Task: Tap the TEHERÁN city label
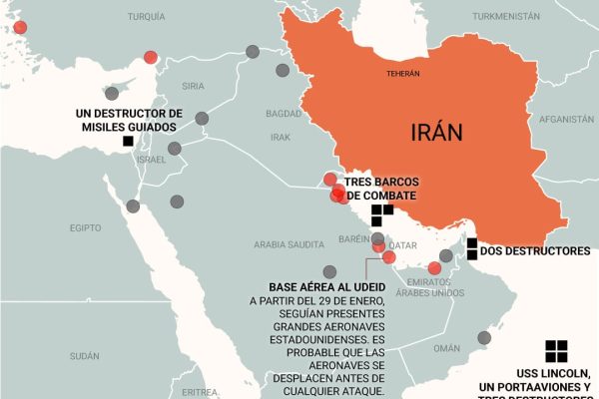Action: tap(403, 74)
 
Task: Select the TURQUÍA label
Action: tap(147, 17)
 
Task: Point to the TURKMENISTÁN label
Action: tap(505, 17)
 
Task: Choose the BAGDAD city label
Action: tap(285, 114)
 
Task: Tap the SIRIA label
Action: tap(194, 87)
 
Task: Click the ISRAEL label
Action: tap(151, 160)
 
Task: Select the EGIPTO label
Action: tap(86, 228)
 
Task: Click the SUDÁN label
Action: tap(85, 355)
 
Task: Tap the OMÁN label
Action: tap(446, 348)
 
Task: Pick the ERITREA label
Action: tap(200, 391)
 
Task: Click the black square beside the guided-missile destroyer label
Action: tap(128, 142)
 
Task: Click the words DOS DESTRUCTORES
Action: tap(535, 252)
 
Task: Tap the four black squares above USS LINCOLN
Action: tap(556, 350)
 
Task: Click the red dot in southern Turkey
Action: tap(151, 57)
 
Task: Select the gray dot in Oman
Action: tap(484, 338)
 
